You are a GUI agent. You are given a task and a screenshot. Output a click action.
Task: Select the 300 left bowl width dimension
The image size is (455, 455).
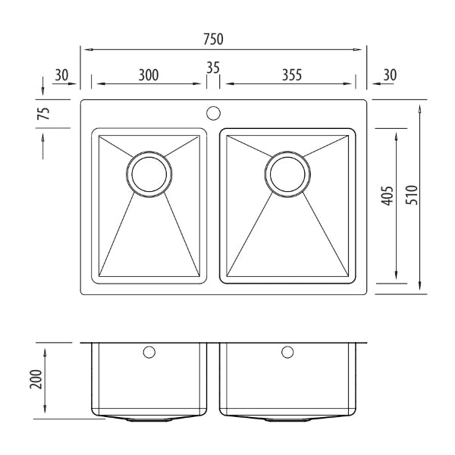[x=149, y=74]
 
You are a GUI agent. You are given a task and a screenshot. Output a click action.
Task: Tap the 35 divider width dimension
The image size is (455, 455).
[x=212, y=67]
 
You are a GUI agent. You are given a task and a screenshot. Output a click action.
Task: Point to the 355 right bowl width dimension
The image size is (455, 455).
[x=291, y=74]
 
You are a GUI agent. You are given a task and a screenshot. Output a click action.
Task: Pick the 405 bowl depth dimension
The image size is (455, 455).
[x=387, y=196]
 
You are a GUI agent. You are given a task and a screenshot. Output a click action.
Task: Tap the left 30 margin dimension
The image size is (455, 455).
[x=62, y=74]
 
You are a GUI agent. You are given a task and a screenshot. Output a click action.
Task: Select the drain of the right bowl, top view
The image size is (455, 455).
[x=288, y=174]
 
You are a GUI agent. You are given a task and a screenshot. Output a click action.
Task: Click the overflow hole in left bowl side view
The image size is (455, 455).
[x=149, y=352]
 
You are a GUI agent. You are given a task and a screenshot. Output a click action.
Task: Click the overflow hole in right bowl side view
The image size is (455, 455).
[x=287, y=352]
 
